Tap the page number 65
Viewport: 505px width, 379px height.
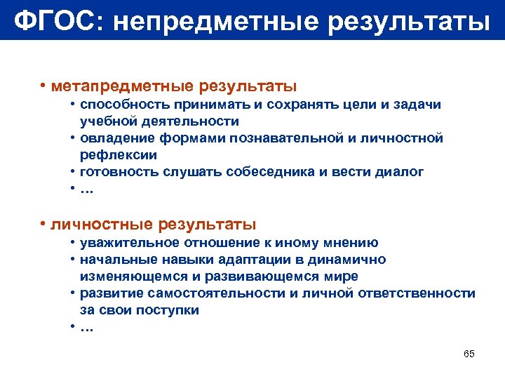[x=469, y=353]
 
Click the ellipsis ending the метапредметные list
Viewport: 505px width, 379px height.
[x=86, y=189]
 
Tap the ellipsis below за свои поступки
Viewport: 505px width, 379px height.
[x=86, y=327]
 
